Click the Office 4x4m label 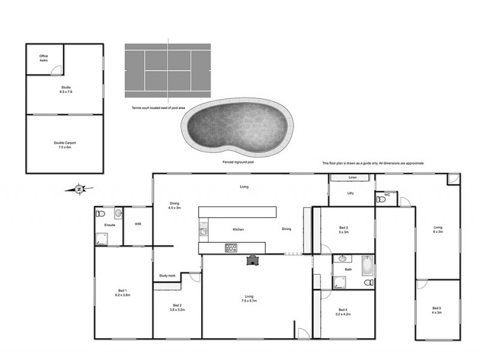point(43,58)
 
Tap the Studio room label point(65,89)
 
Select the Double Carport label point(65,144)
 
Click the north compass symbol point(79,190)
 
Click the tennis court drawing point(167,71)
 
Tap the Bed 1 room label point(122,293)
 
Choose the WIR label point(138,224)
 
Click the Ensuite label point(109,225)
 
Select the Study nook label point(167,275)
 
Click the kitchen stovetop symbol point(232,248)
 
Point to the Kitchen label point(238,229)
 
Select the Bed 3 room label point(344,229)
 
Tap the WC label point(388,194)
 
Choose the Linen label point(352,178)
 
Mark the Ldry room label point(351,193)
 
